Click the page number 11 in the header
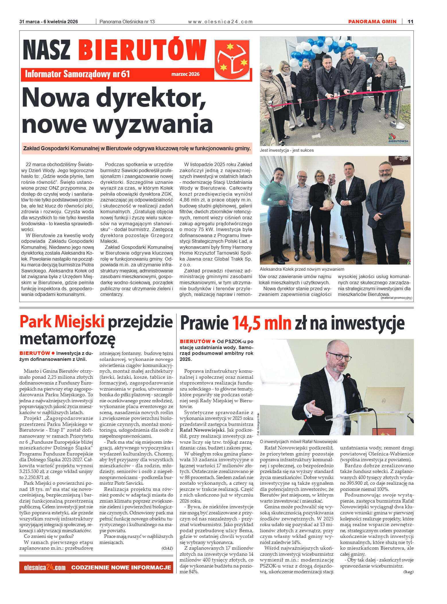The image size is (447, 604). (x=410, y=22)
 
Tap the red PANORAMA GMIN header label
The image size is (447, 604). (x=372, y=22)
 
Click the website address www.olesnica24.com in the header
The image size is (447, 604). (x=220, y=22)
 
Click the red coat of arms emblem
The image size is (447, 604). (x=232, y=59)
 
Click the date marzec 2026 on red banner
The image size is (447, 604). (x=185, y=74)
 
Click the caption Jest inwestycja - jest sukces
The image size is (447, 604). (x=287, y=150)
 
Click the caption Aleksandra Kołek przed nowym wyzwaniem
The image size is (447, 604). (x=302, y=269)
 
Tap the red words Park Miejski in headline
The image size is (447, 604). (x=62, y=322)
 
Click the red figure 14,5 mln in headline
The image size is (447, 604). (x=261, y=323)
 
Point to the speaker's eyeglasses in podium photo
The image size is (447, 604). (x=340, y=357)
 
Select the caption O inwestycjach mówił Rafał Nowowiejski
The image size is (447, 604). (x=298, y=441)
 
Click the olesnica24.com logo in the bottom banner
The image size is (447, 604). (x=45, y=568)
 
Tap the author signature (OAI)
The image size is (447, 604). (x=167, y=548)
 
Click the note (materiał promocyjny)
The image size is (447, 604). (x=396, y=298)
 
